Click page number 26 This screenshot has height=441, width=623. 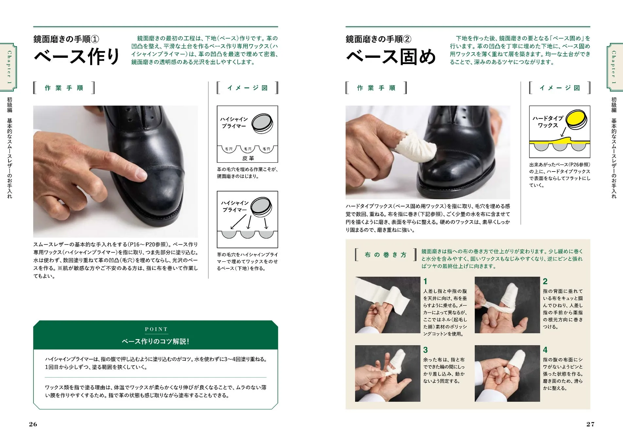tap(33, 424)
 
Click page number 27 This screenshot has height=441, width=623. tap(590, 424)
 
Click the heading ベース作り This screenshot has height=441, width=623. tap(77, 57)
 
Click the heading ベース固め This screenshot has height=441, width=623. tap(391, 57)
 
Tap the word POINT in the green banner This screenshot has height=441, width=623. tap(156, 329)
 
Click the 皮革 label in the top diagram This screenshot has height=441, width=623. tap(248, 158)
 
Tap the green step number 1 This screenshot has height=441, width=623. tap(425, 281)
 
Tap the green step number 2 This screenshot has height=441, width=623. tap(545, 281)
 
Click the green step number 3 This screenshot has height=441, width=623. tap(425, 350)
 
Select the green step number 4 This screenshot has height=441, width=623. tap(545, 350)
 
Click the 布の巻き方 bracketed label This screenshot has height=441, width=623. tap(386, 255)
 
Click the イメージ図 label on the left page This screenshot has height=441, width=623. tap(248, 88)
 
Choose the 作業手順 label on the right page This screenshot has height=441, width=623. tap(376, 88)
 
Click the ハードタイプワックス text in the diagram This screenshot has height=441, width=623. tap(547, 122)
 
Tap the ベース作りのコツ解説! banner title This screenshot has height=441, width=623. tap(155, 341)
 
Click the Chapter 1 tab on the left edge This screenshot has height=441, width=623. tap(9, 67)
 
